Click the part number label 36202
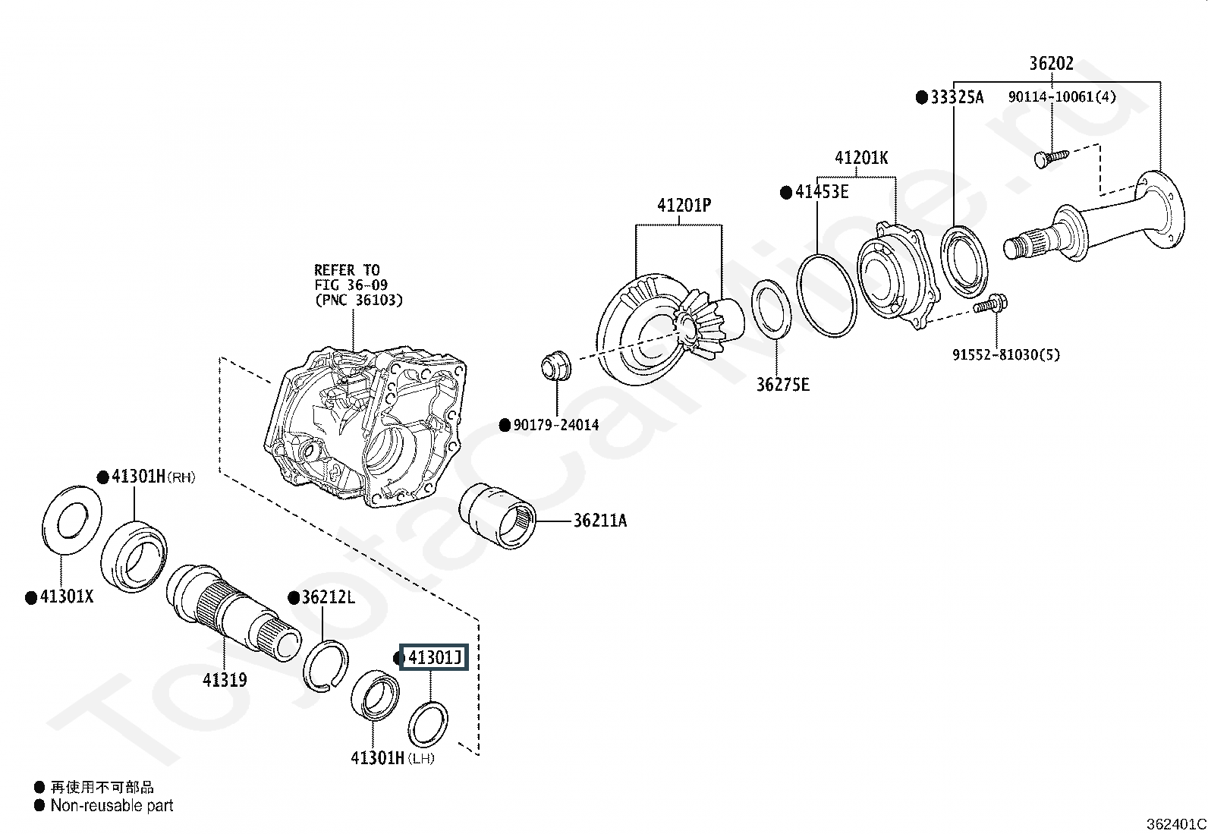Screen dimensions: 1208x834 coord(1051,64)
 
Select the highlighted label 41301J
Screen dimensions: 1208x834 coord(434,657)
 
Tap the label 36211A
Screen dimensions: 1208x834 coord(599,521)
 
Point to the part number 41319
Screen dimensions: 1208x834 coord(225,680)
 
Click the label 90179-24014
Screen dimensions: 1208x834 coord(556,425)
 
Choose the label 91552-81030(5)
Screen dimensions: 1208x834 coord(1006,354)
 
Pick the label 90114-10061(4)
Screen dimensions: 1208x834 coord(1062,96)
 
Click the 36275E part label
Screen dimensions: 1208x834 coord(782,385)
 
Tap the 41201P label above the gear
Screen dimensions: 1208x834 coord(684,205)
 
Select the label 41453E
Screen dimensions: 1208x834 coord(822,191)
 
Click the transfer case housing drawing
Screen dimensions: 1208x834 coord(366,426)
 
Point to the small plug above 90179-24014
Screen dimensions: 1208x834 coord(556,365)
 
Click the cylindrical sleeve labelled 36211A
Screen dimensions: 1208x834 coord(497,516)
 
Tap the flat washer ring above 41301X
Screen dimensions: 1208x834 coord(72,519)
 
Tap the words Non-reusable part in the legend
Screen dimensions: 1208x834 coord(112,805)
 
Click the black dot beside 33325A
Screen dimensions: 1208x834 coord(922,98)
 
